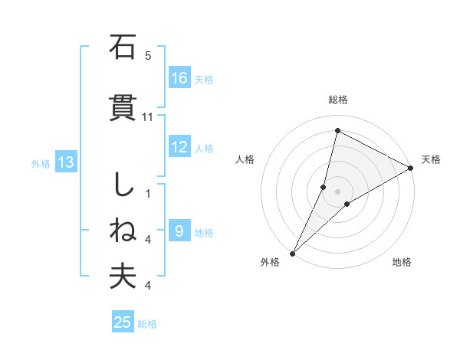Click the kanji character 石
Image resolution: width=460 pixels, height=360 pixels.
point(122,48)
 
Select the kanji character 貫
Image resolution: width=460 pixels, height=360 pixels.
point(122,108)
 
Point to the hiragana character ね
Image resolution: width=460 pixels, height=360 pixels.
point(122,231)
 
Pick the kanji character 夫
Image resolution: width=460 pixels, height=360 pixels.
point(122,277)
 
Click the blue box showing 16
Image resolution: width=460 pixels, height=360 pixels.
point(179,77)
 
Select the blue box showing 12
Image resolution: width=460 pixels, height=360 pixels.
point(179,147)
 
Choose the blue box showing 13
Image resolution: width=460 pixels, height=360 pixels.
point(66,162)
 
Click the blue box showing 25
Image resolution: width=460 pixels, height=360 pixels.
point(123,322)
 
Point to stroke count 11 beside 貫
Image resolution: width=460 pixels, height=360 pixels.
point(148,116)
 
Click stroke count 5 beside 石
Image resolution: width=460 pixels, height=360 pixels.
point(148,56)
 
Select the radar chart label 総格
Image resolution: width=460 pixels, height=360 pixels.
point(338,100)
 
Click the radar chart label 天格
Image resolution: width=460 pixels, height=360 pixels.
point(431,159)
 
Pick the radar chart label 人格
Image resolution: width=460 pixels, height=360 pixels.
point(245,159)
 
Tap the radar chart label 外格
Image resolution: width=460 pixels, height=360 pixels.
point(270,262)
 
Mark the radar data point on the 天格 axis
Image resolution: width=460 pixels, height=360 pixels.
point(411,169)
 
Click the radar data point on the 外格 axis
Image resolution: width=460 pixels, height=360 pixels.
point(292,253)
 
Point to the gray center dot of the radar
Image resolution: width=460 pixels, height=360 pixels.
point(338,191)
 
